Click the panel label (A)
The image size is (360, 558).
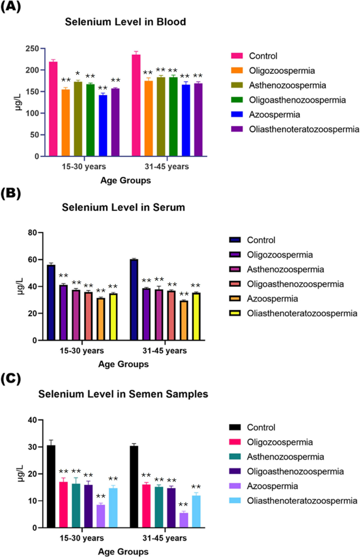(x=11, y=8)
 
